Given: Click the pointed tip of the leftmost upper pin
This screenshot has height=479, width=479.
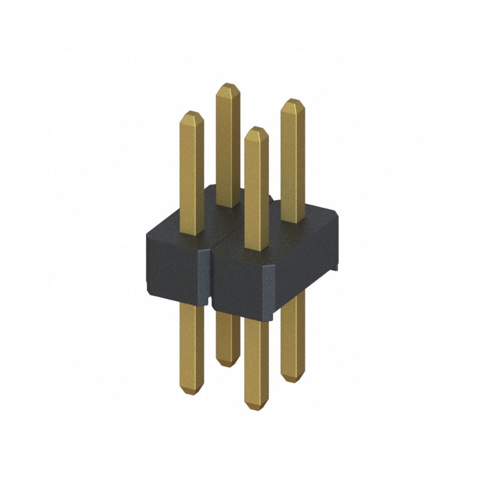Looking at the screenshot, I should (192, 113).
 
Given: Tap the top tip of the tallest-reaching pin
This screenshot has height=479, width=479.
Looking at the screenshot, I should (228, 86).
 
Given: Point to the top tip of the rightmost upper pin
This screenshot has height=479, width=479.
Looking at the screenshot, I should (293, 101).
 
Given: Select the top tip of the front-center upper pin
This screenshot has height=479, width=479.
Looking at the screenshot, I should (256, 129).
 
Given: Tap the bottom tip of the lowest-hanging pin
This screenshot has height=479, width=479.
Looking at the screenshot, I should (256, 408).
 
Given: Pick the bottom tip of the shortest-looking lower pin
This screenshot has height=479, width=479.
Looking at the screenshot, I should (227, 364).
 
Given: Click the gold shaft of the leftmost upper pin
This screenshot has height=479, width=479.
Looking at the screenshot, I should (192, 174).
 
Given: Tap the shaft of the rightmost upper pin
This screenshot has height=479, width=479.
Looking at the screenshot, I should (293, 162).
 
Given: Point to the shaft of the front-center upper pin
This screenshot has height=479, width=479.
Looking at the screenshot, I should (256, 192).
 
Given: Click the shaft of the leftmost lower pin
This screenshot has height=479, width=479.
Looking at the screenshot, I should (192, 347).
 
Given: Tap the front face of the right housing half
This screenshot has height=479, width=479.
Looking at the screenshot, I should (239, 281).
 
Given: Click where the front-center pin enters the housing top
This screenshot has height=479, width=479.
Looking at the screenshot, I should (256, 248).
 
